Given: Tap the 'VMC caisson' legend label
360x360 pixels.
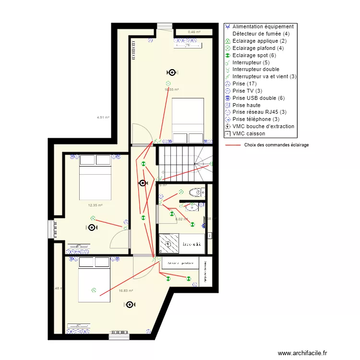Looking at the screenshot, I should pyautogui.click(x=249, y=133).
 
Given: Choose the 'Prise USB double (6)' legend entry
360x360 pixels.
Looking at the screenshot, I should pyautogui.click(x=261, y=98).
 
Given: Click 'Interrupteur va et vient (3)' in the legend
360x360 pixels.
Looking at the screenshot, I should pyautogui.click(x=264, y=76).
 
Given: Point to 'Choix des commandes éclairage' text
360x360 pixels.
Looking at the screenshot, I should pyautogui.click(x=276, y=145).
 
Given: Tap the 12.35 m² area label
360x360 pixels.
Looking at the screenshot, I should pyautogui.click(x=95, y=205).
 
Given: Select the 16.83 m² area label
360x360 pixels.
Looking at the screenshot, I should pyautogui.click(x=126, y=290).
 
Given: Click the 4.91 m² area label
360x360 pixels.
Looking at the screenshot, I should pyautogui.click(x=103, y=117).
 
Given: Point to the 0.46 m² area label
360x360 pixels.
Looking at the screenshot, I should pyautogui.click(x=194, y=32).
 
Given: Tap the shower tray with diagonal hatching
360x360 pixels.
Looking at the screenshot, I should pyautogui.click(x=168, y=243).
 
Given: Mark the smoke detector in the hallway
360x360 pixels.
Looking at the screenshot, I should pyautogui.click(x=143, y=183).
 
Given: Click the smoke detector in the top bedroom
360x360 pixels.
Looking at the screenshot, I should pyautogui.click(x=171, y=72).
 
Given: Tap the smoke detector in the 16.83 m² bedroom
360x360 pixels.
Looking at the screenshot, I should pyautogui.click(x=130, y=304).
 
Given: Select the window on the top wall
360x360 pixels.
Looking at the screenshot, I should pyautogui.click(x=164, y=25).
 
